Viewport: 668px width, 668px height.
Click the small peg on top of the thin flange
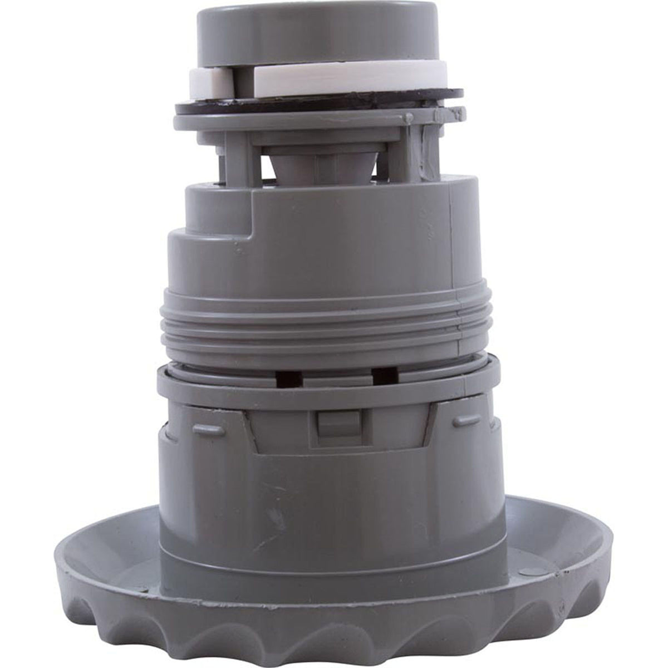(410, 118)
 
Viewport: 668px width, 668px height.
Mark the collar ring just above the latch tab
(312, 390)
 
